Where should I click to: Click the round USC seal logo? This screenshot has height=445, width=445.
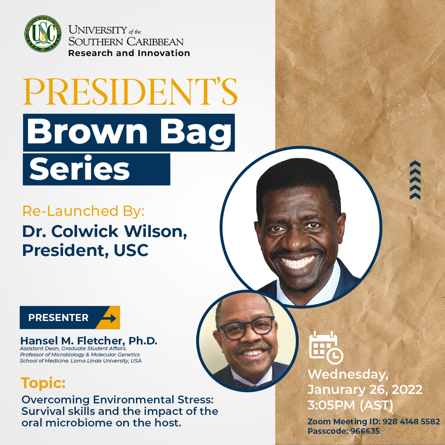click(43, 33)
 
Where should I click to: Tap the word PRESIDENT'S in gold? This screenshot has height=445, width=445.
click(130, 91)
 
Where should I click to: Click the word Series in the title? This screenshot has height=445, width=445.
click(80, 169)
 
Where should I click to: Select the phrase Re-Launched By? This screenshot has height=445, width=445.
click(83, 211)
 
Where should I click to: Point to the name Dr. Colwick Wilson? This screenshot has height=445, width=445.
click(104, 231)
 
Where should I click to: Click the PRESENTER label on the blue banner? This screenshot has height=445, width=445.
click(58, 318)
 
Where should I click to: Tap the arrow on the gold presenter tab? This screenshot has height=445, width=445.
click(110, 318)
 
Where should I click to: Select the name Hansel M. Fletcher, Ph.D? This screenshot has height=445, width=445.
click(89, 341)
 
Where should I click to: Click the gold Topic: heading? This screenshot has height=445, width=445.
click(43, 384)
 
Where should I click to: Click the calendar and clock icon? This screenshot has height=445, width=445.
click(326, 348)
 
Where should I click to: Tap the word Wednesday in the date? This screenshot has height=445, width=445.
click(348, 374)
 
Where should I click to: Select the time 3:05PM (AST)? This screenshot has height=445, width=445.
click(351, 405)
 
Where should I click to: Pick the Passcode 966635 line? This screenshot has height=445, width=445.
click(343, 431)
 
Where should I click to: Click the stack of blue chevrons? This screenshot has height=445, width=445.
click(415, 180)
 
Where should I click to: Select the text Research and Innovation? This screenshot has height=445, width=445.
click(129, 53)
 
